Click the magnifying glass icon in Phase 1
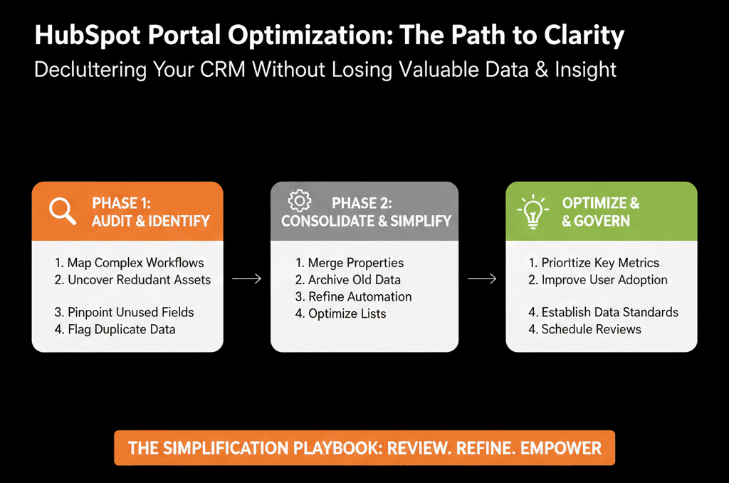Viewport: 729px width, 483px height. click(x=63, y=212)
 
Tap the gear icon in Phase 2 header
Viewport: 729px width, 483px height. click(x=300, y=201)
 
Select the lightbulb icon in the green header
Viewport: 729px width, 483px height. click(x=533, y=212)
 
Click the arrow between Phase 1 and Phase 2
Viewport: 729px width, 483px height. click(x=247, y=279)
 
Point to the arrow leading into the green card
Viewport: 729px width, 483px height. click(x=482, y=279)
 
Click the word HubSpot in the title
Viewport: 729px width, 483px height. click(x=88, y=36)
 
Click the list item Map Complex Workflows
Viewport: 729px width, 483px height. click(x=130, y=263)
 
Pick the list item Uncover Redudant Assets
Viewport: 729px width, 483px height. click(x=132, y=280)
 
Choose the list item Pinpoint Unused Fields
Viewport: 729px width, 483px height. click(x=124, y=312)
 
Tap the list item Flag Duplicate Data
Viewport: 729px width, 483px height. click(x=115, y=329)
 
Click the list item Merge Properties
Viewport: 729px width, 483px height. click(x=350, y=263)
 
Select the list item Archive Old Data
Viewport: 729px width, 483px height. click(x=347, y=280)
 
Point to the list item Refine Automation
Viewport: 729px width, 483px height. click(x=353, y=297)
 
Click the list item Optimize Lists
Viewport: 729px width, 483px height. click(x=341, y=313)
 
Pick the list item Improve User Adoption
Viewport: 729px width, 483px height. click(x=598, y=280)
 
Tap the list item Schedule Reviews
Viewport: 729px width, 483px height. click(x=585, y=329)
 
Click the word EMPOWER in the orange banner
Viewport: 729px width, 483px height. click(x=561, y=448)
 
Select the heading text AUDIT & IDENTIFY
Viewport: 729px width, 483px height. click(x=151, y=221)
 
